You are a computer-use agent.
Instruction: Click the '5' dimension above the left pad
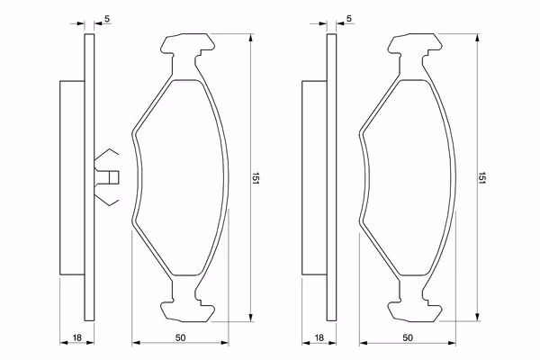click(x=107, y=19)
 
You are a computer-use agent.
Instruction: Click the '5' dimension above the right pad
click(x=349, y=19)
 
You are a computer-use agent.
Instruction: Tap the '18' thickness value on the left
click(x=77, y=337)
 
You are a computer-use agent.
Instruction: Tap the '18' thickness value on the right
click(x=319, y=337)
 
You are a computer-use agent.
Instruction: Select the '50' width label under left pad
click(x=180, y=337)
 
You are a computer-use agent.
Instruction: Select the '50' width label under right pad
click(x=408, y=337)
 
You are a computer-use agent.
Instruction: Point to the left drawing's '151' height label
click(x=256, y=178)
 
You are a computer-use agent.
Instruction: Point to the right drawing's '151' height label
click(x=481, y=178)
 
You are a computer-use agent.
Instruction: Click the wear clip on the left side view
click(x=106, y=177)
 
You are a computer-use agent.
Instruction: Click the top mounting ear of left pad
click(x=188, y=44)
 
